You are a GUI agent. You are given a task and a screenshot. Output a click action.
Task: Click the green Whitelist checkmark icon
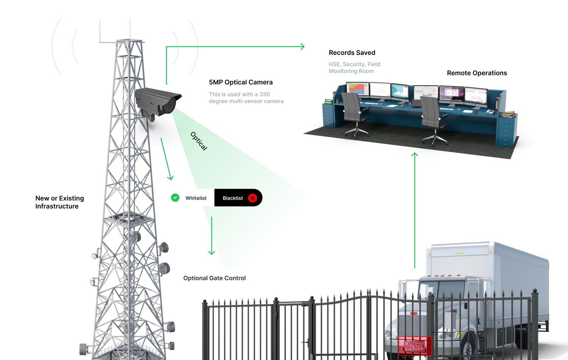(x=175, y=197)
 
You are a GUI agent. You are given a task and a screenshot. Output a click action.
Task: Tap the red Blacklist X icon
(x=253, y=198)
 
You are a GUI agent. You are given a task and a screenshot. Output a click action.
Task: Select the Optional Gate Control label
(x=214, y=278)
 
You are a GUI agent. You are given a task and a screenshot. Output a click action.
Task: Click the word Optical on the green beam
(x=199, y=141)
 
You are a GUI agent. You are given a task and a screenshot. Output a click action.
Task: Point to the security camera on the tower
(x=158, y=101)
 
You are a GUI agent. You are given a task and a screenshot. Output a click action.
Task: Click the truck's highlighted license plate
(x=415, y=346)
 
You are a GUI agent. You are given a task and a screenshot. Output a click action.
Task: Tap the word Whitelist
(x=196, y=198)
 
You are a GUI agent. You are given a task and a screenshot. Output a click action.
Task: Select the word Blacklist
(x=233, y=198)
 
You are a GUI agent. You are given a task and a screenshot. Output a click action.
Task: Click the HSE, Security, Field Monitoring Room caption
(x=354, y=68)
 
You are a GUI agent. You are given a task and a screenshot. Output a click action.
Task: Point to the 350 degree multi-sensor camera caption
(x=246, y=98)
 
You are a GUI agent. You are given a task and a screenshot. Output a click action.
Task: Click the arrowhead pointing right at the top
(x=302, y=47)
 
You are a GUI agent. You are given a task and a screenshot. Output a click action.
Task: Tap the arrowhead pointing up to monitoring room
(x=415, y=155)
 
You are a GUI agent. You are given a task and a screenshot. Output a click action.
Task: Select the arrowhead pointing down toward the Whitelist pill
(x=171, y=177)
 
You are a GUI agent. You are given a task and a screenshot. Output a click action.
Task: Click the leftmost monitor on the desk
(x=357, y=89)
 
